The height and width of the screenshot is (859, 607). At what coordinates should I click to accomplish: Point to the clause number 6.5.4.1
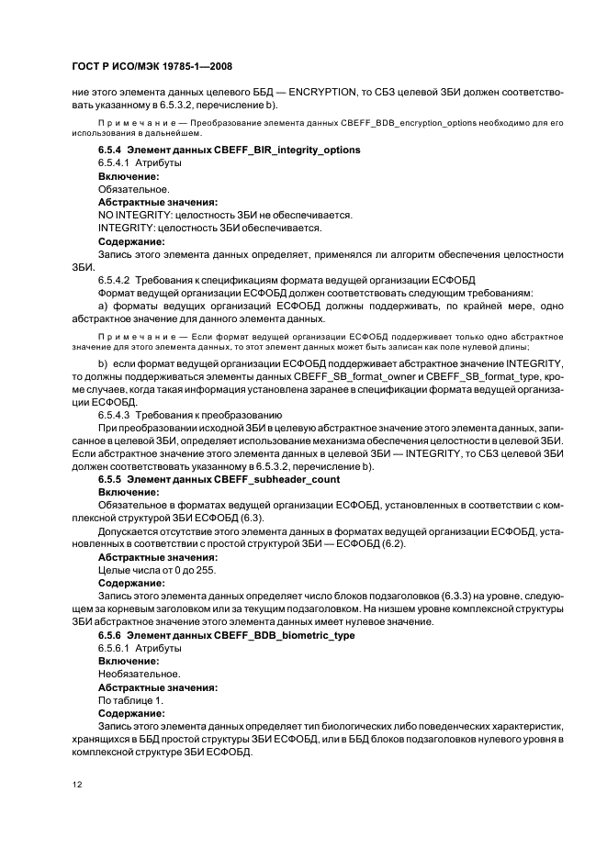(116, 162)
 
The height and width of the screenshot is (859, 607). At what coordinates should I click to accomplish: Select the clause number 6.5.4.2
(116, 279)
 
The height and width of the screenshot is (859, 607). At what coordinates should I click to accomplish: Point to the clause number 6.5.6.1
(116, 648)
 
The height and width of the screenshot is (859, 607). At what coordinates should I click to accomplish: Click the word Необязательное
(139, 674)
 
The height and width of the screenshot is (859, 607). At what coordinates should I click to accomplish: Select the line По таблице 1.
(130, 699)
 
